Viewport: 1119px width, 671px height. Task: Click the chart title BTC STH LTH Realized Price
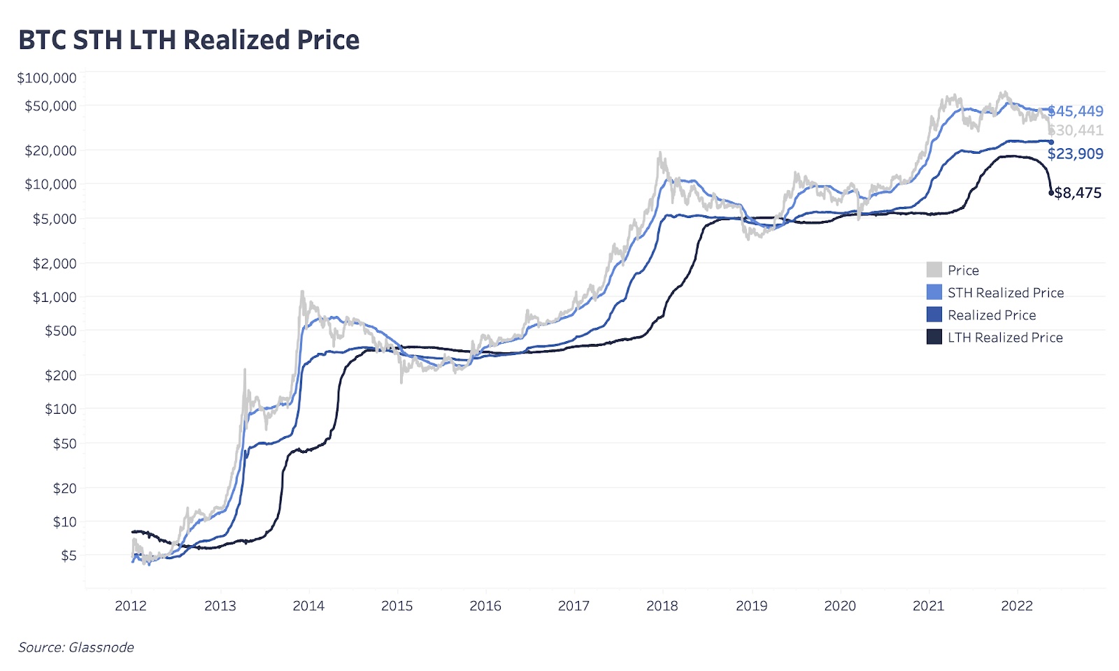point(189,40)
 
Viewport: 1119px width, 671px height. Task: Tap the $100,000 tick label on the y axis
point(47,78)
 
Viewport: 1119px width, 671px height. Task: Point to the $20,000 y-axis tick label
point(50,150)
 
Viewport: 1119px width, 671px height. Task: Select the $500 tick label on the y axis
point(61,331)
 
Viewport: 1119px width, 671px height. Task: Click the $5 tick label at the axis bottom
point(69,556)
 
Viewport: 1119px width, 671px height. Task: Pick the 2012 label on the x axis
point(131,606)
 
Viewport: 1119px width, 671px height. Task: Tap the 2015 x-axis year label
point(397,606)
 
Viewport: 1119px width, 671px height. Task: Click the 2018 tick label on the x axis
point(662,606)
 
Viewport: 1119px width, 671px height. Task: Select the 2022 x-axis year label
point(1017,606)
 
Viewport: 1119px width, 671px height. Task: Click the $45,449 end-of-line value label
point(1076,111)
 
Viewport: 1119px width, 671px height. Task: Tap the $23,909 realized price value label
point(1076,154)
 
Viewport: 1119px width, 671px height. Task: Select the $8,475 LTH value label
point(1078,193)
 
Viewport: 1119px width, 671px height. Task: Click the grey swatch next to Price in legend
point(934,270)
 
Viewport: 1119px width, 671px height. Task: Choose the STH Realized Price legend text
point(1006,293)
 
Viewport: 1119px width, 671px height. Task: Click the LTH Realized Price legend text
point(1005,338)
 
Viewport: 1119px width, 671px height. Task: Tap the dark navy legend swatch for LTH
point(934,337)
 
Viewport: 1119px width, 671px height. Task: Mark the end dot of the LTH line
point(1050,193)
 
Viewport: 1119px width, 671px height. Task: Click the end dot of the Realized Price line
point(1050,142)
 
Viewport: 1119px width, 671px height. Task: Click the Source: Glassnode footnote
point(76,647)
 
